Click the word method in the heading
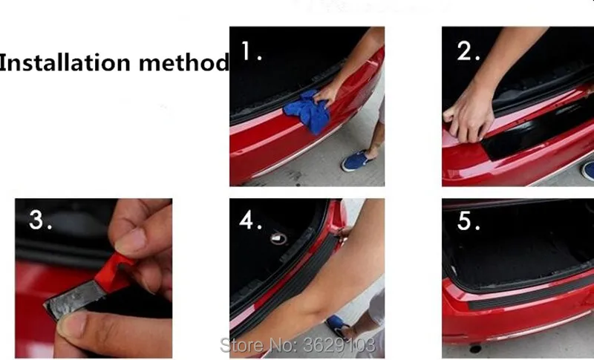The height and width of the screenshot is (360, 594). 184,62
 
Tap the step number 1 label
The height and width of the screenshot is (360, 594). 251,51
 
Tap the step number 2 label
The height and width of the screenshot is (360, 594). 469,51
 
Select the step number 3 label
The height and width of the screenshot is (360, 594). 41,220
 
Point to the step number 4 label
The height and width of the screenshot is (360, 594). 250,220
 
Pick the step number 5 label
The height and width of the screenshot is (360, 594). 469,220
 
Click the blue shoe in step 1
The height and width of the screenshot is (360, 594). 356,160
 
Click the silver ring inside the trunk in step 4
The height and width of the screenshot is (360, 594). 278,238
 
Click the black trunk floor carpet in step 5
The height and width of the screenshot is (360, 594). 519,261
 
